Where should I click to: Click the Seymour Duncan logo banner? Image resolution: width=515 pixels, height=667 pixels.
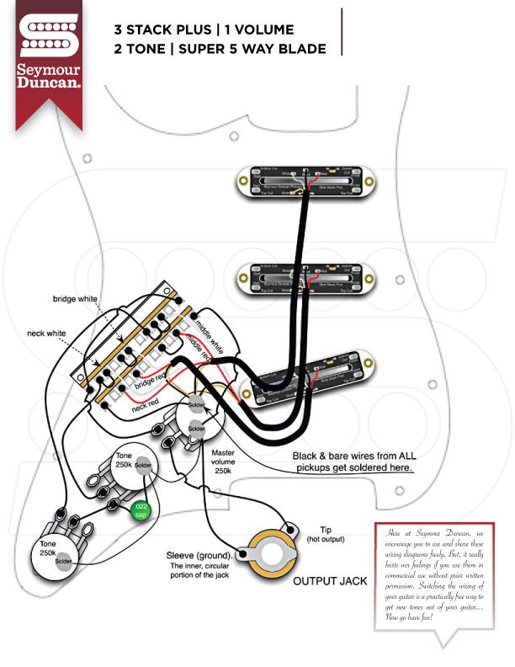pos(49,56)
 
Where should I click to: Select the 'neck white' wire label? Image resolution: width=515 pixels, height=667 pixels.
pos(45,333)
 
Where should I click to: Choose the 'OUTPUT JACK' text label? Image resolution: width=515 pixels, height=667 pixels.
pos(327,581)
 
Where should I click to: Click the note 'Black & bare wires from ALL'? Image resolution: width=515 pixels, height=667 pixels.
pos(354,455)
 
